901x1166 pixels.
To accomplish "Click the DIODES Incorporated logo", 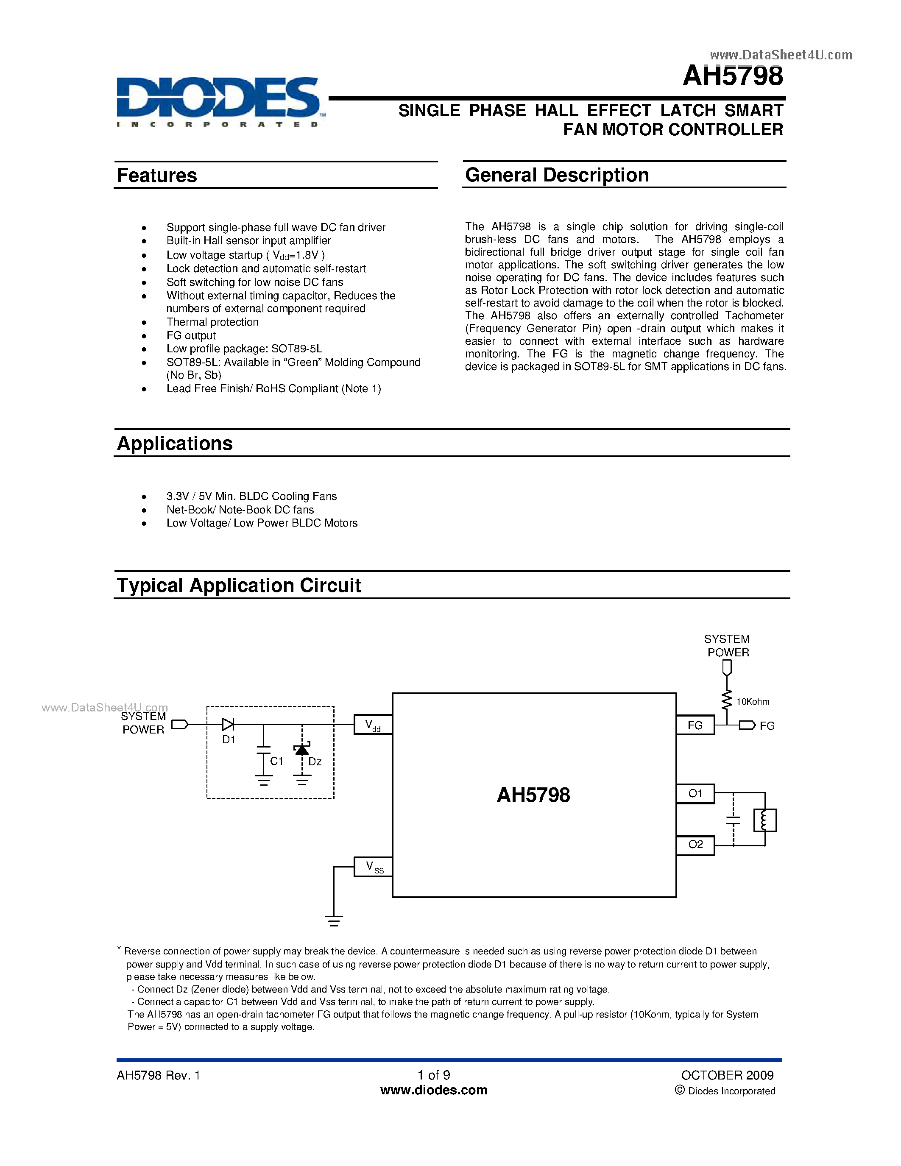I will tap(219, 101).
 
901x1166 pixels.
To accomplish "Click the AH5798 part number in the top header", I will tap(733, 76).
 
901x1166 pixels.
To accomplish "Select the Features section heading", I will tap(156, 176).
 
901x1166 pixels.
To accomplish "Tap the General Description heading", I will tap(557, 175).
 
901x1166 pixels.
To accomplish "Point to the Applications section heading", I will tap(175, 444).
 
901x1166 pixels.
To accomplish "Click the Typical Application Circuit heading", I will tap(239, 586).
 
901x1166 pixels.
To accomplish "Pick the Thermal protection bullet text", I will tap(212, 322).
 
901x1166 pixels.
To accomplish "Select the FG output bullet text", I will tap(191, 336).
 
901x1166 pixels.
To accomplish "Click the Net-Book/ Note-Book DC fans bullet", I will tap(240, 510).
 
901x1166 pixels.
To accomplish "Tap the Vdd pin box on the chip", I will tap(373, 725).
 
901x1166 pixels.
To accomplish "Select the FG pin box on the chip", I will tap(695, 725).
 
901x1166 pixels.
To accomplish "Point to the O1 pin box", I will tap(695, 793).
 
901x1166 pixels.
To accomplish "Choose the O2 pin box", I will tap(695, 845).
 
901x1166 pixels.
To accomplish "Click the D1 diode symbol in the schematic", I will tap(228, 725).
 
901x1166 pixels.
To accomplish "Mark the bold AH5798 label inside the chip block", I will tap(533, 795).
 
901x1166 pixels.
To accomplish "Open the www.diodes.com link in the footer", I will tap(433, 1090).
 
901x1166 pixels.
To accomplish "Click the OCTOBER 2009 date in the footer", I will tap(727, 1075).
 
